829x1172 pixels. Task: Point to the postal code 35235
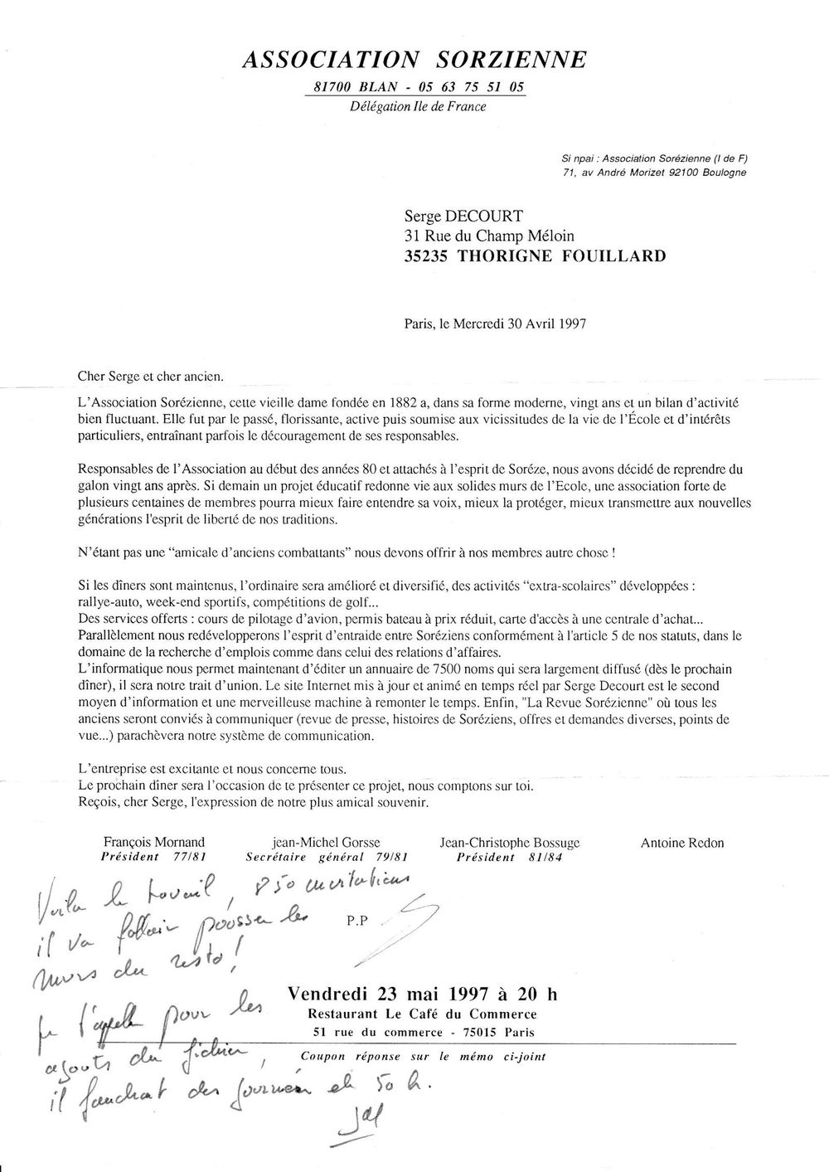(426, 256)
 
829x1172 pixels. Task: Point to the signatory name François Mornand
(155, 843)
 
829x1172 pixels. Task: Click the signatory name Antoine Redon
(682, 843)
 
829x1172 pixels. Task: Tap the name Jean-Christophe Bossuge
(510, 843)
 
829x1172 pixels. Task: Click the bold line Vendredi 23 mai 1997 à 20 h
(423, 993)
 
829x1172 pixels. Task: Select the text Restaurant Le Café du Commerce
(422, 1014)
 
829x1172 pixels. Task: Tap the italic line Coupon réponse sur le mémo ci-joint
(423, 1057)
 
